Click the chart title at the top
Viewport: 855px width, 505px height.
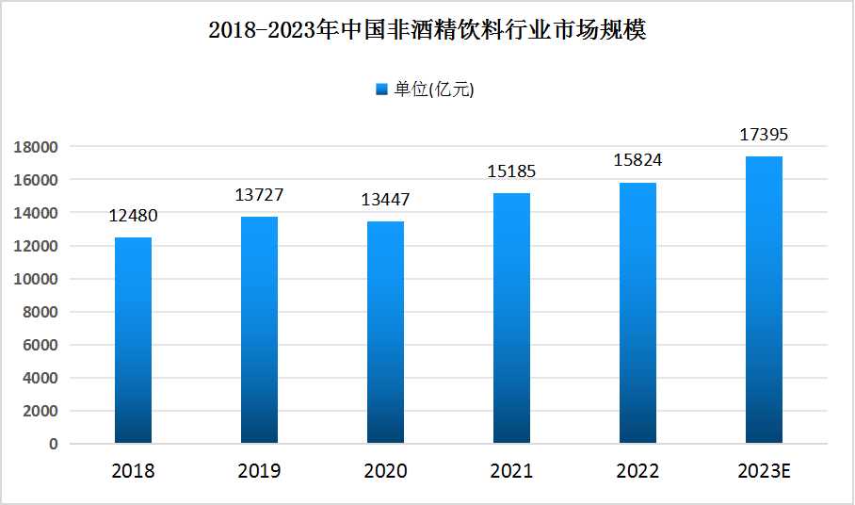427,31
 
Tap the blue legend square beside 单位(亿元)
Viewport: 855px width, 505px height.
381,90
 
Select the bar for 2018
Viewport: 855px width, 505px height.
133,340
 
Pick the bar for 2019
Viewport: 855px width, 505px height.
259,330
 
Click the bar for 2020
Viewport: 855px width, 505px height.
385,333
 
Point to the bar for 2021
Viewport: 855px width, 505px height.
511,318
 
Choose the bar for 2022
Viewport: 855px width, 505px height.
637,313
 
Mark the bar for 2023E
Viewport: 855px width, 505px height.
764,300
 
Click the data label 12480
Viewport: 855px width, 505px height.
133,217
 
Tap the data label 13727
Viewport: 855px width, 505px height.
259,196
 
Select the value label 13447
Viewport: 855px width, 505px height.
385,201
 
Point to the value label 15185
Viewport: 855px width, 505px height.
511,171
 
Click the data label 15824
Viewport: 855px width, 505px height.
637,160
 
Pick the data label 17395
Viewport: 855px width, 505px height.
764,136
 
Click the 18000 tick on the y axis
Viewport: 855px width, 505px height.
36,147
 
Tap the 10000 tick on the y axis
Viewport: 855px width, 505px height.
36,279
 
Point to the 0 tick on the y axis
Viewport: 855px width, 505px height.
54,444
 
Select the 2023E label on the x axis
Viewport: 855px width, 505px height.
764,471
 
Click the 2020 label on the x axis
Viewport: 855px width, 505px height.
385,471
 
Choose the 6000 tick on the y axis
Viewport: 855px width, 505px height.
40,345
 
